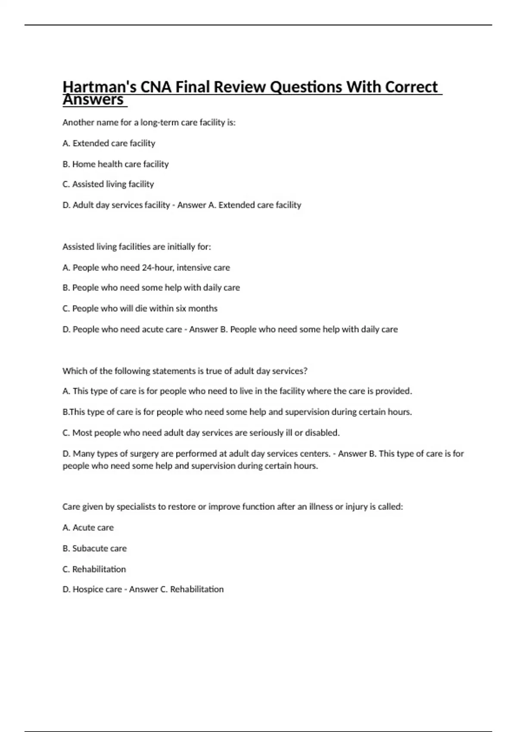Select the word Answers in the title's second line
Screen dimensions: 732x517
point(93,100)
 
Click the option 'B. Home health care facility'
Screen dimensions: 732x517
point(115,164)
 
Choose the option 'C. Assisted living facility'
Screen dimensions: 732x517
point(108,184)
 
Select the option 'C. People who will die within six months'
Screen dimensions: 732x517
point(140,308)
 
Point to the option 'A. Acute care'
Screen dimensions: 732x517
point(88,527)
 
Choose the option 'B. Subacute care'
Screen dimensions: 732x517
point(94,549)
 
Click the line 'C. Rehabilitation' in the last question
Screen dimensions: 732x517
point(94,569)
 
